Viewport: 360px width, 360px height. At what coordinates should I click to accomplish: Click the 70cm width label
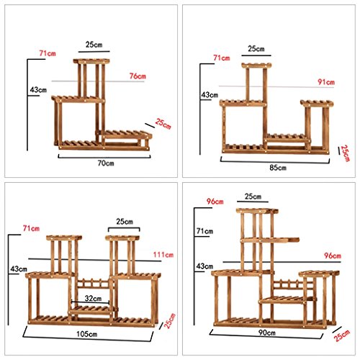[106, 163]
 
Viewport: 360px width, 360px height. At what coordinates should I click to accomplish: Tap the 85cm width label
[278, 168]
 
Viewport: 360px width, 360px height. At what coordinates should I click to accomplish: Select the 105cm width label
[87, 334]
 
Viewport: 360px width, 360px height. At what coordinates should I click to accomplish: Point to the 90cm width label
[267, 333]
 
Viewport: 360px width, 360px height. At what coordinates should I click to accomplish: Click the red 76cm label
[138, 76]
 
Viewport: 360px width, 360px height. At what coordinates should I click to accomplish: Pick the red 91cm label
[326, 82]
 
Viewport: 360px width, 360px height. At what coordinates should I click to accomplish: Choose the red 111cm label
[163, 255]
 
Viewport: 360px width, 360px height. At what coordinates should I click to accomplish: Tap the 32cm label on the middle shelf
[93, 298]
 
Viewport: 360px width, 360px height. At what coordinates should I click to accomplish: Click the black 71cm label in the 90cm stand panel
[204, 231]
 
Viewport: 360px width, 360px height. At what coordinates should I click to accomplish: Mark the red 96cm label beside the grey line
[333, 256]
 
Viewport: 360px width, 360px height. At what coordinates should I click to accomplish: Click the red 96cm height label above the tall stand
[215, 202]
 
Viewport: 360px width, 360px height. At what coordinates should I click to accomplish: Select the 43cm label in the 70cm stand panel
[38, 90]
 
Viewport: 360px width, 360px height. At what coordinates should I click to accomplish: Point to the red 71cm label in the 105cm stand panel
[31, 228]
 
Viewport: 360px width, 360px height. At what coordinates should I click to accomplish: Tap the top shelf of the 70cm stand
[91, 61]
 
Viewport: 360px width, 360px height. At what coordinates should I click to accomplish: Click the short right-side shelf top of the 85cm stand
[317, 104]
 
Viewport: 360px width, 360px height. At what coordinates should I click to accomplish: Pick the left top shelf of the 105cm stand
[64, 238]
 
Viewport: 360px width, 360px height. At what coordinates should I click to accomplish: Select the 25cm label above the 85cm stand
[256, 49]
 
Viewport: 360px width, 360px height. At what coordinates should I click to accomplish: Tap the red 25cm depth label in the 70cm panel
[163, 124]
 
